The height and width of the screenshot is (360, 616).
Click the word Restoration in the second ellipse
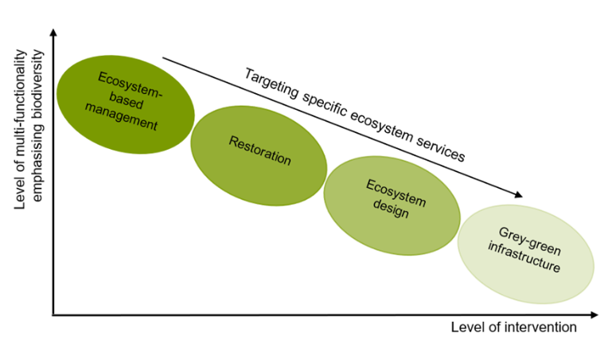(x=259, y=151)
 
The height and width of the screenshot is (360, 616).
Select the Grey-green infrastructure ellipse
(x=525, y=255)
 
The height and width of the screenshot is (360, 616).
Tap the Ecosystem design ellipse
(x=392, y=205)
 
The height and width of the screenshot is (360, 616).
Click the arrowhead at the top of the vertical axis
(x=53, y=33)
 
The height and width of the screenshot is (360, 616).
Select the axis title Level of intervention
(x=513, y=328)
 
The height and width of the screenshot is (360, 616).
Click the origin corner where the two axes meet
(x=53, y=315)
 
